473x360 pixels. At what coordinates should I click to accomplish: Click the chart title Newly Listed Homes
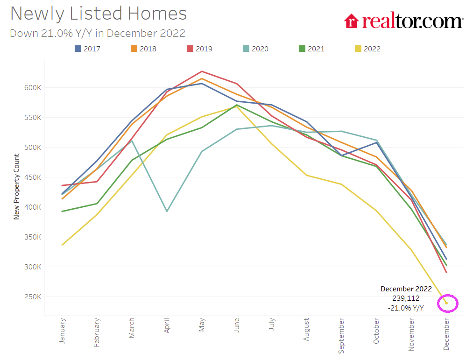[99, 14]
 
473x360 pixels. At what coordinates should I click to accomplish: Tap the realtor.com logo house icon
[351, 21]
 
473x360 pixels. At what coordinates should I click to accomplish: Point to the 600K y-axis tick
[33, 88]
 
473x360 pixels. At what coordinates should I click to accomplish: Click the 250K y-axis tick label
[33, 297]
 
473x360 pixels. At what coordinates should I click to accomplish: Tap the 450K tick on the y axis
[33, 177]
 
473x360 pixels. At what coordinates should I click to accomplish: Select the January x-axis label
[63, 331]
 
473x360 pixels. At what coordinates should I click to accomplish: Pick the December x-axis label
[446, 334]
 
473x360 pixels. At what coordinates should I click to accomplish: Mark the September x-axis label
[341, 335]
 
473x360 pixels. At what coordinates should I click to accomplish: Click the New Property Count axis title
[16, 187]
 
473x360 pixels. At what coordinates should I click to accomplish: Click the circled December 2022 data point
[446, 303]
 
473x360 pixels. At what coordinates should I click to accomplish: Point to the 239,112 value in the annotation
[406, 298]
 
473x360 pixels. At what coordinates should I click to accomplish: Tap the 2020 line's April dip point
[167, 212]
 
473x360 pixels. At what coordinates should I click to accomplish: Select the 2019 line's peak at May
[202, 71]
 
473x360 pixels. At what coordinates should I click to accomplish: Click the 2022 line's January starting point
[63, 245]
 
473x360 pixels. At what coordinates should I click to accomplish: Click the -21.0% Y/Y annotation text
[406, 308]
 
